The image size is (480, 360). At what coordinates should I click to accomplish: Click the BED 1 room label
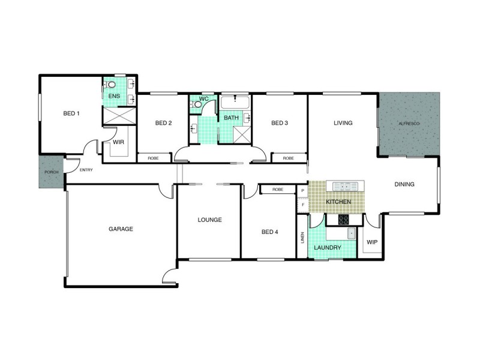click(71, 113)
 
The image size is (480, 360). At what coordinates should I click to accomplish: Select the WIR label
click(118, 143)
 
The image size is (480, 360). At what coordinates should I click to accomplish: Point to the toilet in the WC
click(198, 104)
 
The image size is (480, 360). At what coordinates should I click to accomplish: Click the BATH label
click(231, 118)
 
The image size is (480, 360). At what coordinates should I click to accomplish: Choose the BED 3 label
click(280, 124)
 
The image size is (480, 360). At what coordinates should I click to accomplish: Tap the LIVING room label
click(343, 124)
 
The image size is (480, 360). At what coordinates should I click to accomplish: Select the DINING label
click(404, 184)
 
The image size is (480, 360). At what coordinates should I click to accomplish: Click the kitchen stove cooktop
click(344, 220)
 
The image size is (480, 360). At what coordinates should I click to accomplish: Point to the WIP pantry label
click(372, 243)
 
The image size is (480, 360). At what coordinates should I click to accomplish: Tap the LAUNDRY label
click(328, 247)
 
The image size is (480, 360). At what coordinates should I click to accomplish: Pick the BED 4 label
click(269, 232)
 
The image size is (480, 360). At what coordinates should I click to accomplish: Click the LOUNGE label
click(210, 220)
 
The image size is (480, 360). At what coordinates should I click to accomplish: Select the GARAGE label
click(121, 229)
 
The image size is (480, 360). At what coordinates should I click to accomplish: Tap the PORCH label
click(51, 173)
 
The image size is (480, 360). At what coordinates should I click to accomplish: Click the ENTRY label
click(86, 170)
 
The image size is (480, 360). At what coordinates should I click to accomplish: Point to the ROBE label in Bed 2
click(153, 158)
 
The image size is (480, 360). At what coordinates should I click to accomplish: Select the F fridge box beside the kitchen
click(303, 204)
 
